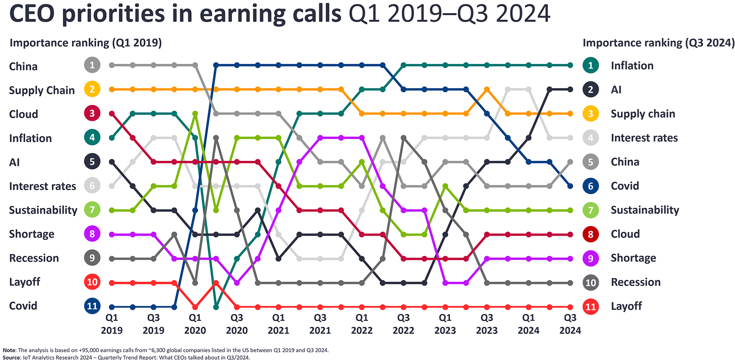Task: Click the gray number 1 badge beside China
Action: click(x=92, y=65)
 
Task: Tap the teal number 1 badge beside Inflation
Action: click(x=591, y=65)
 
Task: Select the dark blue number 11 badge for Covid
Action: click(x=92, y=306)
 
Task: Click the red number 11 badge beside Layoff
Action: click(x=591, y=307)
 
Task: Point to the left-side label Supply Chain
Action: click(x=42, y=91)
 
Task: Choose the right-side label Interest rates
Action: click(x=644, y=138)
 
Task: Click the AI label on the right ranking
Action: click(x=616, y=90)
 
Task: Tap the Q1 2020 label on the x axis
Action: click(x=195, y=324)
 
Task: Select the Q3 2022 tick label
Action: click(x=403, y=324)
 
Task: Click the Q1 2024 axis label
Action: click(x=529, y=324)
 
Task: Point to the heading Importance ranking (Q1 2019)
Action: click(x=86, y=43)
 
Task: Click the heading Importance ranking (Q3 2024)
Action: click(x=658, y=43)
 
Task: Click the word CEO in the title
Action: click(x=32, y=14)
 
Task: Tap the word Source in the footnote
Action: click(x=12, y=357)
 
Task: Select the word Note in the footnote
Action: click(x=9, y=350)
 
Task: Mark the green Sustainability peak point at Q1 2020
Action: click(x=195, y=114)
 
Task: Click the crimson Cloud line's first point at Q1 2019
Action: click(x=112, y=114)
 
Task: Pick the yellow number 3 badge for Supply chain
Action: click(x=591, y=114)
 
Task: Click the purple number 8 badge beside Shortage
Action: click(x=92, y=234)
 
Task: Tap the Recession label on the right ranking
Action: click(x=635, y=282)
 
